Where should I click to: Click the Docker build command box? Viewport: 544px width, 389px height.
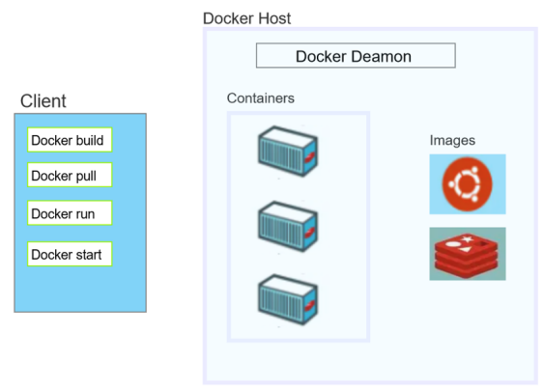pyautogui.click(x=70, y=140)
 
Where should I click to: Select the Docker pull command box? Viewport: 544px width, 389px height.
pyautogui.click(x=70, y=175)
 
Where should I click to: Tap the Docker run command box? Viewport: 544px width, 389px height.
pyautogui.click(x=70, y=213)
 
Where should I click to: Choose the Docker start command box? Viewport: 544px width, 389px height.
pyautogui.click(x=70, y=254)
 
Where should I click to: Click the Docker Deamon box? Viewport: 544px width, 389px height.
pyautogui.click(x=356, y=55)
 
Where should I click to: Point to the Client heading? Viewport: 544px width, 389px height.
pyautogui.click(x=43, y=101)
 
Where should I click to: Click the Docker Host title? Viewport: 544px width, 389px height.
pyautogui.click(x=246, y=18)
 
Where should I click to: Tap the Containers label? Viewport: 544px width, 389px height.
pyautogui.click(x=261, y=98)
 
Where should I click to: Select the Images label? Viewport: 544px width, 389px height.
pyautogui.click(x=452, y=140)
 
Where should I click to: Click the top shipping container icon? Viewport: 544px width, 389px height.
pyautogui.click(x=288, y=152)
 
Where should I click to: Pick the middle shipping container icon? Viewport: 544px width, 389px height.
pyautogui.click(x=288, y=227)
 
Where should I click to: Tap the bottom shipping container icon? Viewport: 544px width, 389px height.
pyautogui.click(x=288, y=300)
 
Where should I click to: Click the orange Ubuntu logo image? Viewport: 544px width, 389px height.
pyautogui.click(x=468, y=184)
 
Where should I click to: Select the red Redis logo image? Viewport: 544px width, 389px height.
pyautogui.click(x=468, y=254)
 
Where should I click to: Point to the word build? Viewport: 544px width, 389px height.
pyautogui.click(x=90, y=140)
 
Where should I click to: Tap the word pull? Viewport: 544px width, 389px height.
pyautogui.click(x=86, y=176)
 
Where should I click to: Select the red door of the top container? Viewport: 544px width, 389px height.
pyautogui.click(x=310, y=157)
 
